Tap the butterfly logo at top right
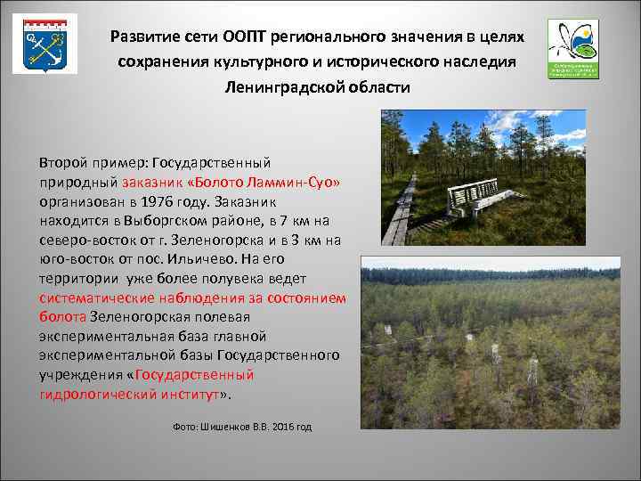573,47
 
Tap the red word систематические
97,298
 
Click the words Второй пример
93,163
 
